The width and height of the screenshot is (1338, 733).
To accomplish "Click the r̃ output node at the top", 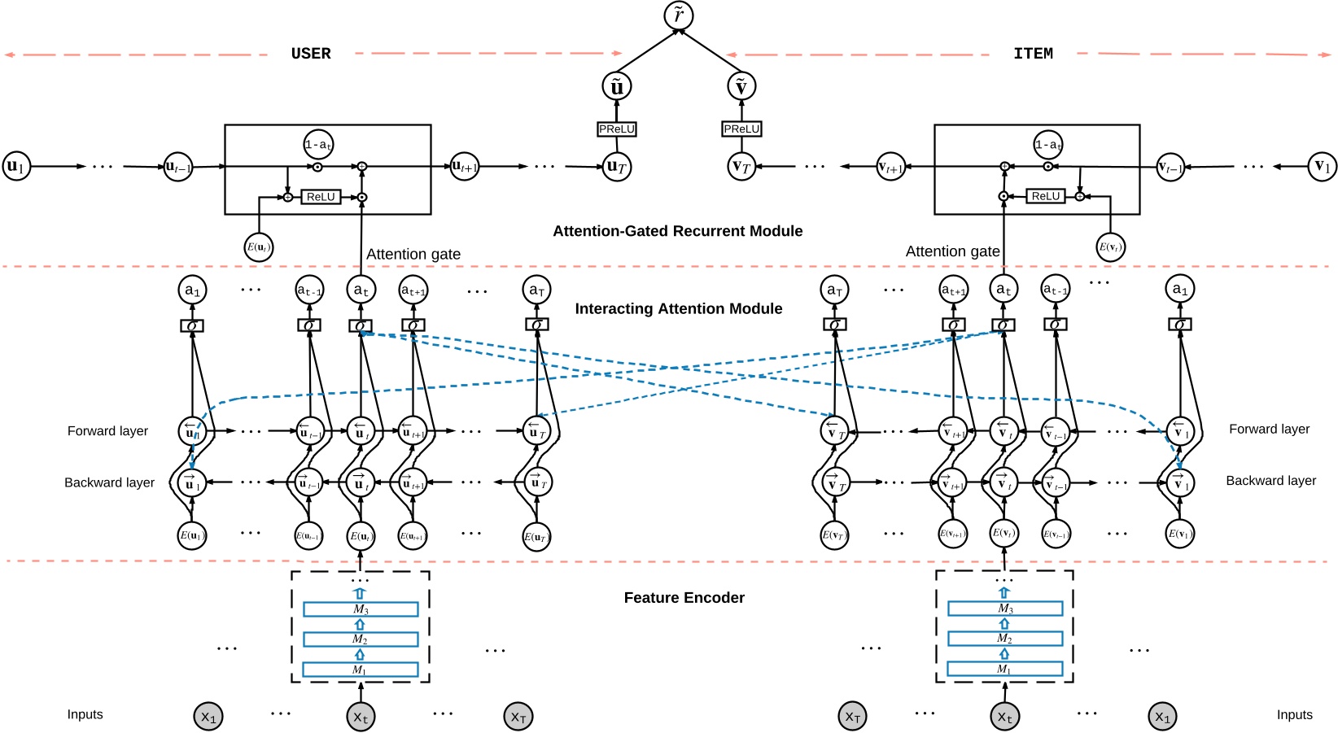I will pyautogui.click(x=678, y=15).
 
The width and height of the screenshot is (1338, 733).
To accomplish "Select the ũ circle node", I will pyautogui.click(x=617, y=86).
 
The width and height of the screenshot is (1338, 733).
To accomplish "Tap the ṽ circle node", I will pyautogui.click(x=741, y=86).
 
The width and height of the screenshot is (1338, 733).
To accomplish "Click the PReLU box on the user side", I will pyautogui.click(x=617, y=129).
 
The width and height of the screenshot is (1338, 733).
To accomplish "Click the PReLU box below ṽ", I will pyautogui.click(x=741, y=129).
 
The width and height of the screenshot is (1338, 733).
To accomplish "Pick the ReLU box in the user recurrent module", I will pyautogui.click(x=321, y=197).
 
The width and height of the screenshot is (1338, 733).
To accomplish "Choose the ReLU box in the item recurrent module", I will pyautogui.click(x=1045, y=196).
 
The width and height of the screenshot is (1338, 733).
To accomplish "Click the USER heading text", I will pyautogui.click(x=311, y=54).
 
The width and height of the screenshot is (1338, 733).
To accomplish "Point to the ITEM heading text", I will pyautogui.click(x=1033, y=54).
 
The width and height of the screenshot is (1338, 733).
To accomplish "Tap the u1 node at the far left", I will pyautogui.click(x=16, y=166).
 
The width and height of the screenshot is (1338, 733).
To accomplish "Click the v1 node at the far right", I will pyautogui.click(x=1322, y=166).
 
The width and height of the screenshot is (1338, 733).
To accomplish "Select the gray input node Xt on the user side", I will pyautogui.click(x=361, y=717).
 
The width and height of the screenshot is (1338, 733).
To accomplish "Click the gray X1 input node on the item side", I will pyautogui.click(x=1162, y=717).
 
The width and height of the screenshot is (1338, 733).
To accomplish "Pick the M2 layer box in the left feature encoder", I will pyautogui.click(x=361, y=639).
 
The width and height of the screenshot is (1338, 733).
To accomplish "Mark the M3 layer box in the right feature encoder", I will pyautogui.click(x=1005, y=609).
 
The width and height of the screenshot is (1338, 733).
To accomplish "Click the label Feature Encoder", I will pyautogui.click(x=684, y=598).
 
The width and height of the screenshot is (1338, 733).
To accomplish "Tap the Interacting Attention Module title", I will pyautogui.click(x=678, y=309).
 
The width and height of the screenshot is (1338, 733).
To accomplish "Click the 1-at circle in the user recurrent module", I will pyautogui.click(x=318, y=145).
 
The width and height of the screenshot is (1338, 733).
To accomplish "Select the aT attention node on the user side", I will pyautogui.click(x=536, y=290).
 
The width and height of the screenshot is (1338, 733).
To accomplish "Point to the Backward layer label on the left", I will pyautogui.click(x=109, y=482).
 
